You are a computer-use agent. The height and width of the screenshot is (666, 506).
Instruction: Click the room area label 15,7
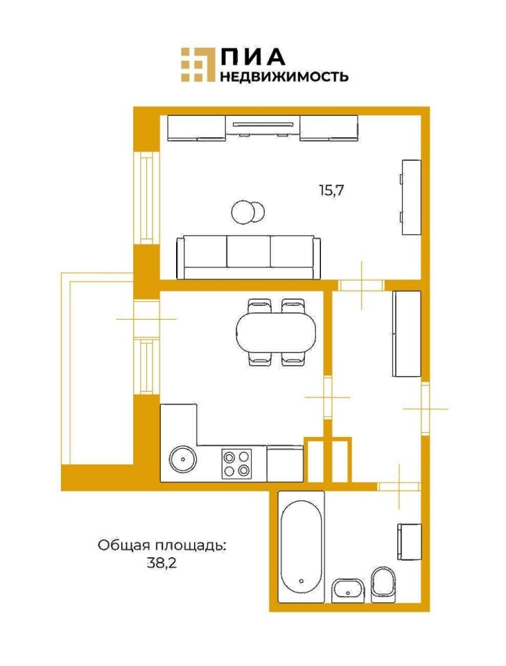[331, 190]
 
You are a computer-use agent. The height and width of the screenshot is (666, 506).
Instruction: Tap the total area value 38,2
[162, 563]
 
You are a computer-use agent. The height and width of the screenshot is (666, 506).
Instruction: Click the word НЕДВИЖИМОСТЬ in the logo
[284, 76]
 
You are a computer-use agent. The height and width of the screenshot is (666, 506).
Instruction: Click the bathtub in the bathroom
[302, 546]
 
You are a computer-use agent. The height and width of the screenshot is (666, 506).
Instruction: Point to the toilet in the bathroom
[383, 584]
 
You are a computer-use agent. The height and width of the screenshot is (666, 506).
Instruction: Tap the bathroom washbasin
[348, 590]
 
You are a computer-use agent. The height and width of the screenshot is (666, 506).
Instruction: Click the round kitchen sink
[183, 459]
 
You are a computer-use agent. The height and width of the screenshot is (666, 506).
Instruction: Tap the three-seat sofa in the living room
[248, 257]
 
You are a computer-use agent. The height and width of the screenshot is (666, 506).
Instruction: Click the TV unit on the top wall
[263, 128]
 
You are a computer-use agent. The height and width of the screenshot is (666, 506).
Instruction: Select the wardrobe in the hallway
[407, 334]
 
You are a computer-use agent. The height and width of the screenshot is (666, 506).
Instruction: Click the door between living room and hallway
[361, 285]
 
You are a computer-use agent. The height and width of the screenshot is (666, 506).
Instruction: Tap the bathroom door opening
[399, 486]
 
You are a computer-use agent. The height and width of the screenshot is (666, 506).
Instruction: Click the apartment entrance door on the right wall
[426, 409]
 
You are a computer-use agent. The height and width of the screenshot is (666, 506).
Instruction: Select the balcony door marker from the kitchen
[146, 318]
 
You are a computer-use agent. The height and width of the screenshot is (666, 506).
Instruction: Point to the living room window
[146, 198]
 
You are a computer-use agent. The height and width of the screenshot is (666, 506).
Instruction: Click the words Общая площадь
[162, 546]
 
